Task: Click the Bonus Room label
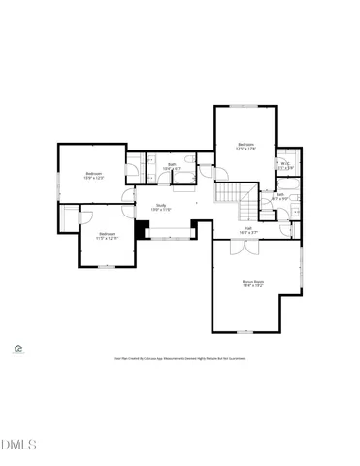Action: pos(252,283)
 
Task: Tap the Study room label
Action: pos(161,207)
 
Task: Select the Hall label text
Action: pos(248,230)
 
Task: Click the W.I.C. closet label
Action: pos(285,167)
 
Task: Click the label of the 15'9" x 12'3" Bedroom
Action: pos(94,176)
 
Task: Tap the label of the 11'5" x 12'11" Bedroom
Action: pos(107,235)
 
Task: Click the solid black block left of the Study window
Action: pos(144,230)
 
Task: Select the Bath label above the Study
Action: pos(172,166)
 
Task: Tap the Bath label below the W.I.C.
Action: pos(279,196)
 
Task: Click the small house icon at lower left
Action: pos(17,349)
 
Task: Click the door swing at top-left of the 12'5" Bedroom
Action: pos(222,171)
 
